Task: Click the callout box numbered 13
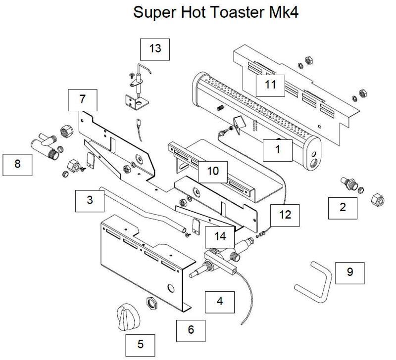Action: (x=155, y=48)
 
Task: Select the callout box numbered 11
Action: (x=270, y=85)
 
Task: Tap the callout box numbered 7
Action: (x=82, y=99)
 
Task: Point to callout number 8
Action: (x=17, y=164)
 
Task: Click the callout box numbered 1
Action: (x=278, y=149)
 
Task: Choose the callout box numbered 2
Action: (x=343, y=207)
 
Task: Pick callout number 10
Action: (x=213, y=171)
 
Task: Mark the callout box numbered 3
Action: (x=90, y=200)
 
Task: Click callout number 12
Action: (x=285, y=215)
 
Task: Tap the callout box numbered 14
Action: (x=220, y=236)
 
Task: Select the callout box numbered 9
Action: (x=350, y=272)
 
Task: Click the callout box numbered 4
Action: (x=220, y=300)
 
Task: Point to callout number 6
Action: (x=191, y=329)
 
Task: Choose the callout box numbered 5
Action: (x=140, y=344)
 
